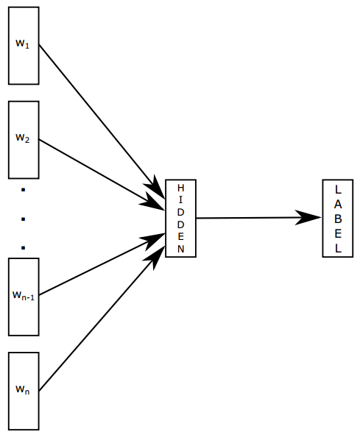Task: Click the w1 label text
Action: coord(22,43)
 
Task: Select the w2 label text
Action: coord(22,138)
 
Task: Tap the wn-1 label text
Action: coord(24,296)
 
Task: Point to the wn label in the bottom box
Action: coord(22,389)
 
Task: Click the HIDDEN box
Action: coord(180,218)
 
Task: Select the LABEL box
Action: coord(338,218)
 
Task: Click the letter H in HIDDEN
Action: coord(181,188)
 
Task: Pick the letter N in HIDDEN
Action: coord(181,249)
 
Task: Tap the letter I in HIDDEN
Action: coord(181,200)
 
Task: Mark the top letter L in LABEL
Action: coord(339,188)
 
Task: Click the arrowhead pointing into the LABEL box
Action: coord(309,217)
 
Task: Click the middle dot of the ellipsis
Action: coord(24,219)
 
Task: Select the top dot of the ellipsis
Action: coord(24,191)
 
